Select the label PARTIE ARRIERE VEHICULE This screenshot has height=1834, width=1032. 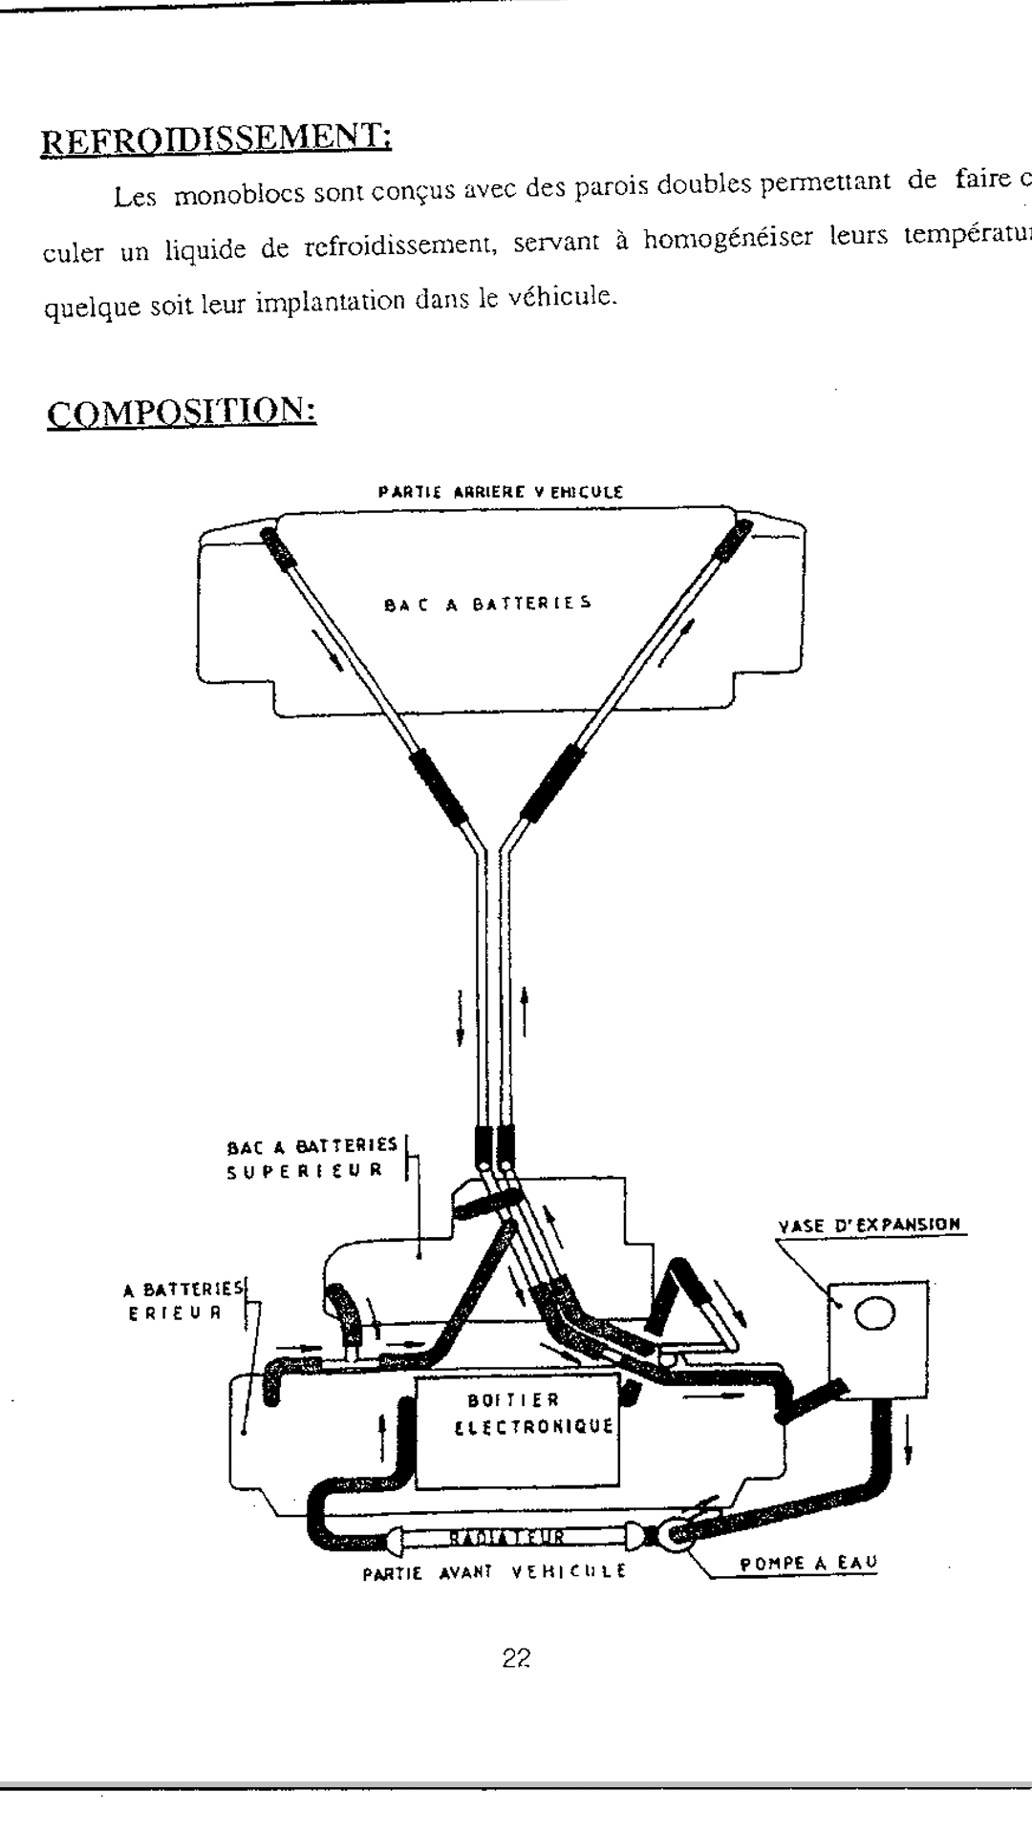[500, 493]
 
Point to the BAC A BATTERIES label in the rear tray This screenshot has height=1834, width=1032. [488, 604]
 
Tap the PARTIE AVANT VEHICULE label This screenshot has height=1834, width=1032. [494, 1569]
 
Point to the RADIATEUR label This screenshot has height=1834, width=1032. [506, 1537]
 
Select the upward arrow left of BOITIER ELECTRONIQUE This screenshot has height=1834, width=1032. [382, 1437]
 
